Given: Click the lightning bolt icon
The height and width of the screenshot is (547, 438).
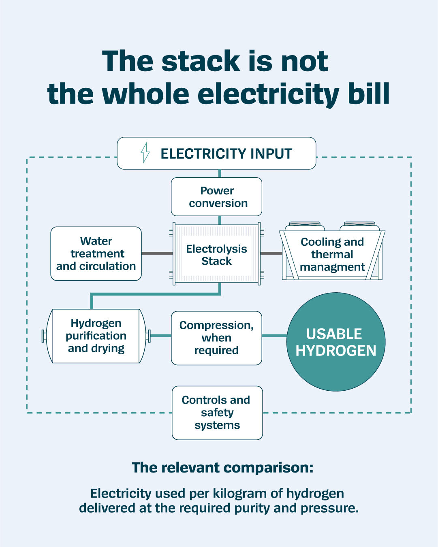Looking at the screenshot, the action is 145,153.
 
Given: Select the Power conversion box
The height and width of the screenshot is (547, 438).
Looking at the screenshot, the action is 216,197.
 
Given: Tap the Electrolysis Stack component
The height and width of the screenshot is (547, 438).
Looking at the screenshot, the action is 216,254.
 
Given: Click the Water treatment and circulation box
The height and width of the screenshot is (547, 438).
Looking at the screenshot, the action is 96,254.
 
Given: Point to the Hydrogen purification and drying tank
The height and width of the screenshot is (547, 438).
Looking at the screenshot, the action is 96,336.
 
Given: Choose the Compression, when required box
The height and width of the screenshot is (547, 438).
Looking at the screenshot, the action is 216,338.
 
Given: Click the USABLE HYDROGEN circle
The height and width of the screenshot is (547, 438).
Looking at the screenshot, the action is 336,342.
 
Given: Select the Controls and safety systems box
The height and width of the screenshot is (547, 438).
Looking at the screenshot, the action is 217,413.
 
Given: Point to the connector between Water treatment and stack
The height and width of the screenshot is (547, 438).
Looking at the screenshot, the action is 157,253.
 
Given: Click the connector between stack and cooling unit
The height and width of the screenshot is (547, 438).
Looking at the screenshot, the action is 271,253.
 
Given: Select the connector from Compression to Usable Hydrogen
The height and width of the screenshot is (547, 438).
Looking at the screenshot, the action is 274,336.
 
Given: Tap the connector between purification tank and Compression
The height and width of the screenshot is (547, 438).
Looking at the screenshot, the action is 161,336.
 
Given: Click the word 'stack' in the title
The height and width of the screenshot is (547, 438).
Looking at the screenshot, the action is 201,61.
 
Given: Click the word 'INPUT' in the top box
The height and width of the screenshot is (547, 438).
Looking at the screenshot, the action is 271,153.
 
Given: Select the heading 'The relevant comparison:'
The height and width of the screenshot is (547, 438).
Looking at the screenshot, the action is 222,468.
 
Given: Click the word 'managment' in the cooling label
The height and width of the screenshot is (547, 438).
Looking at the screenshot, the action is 332,267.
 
